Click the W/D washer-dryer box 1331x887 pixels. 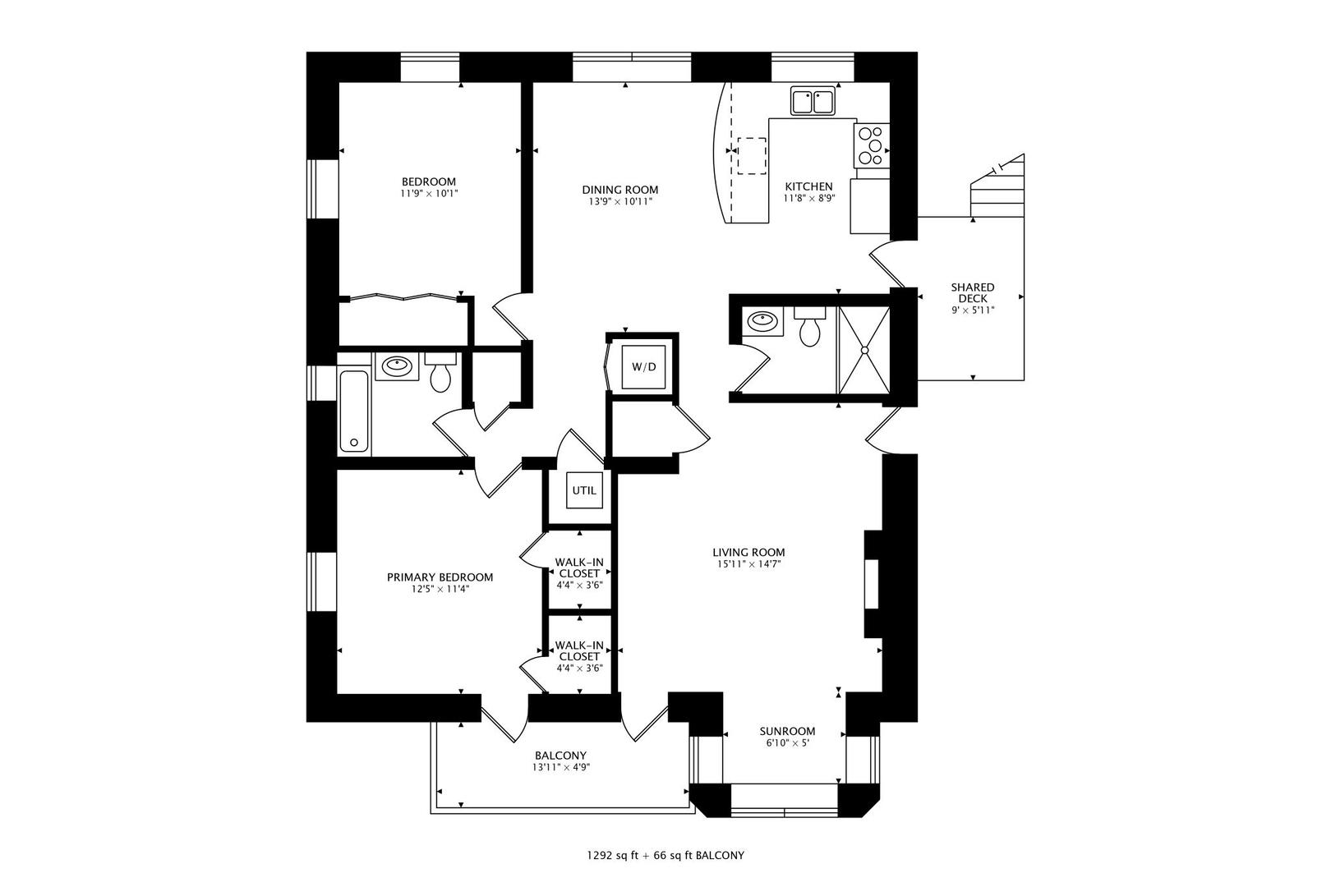pyautogui.click(x=643, y=366)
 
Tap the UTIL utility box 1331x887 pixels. pyautogui.click(x=584, y=490)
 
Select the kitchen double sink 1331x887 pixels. pyautogui.click(x=813, y=100)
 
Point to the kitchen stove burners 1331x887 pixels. pyautogui.click(x=872, y=145)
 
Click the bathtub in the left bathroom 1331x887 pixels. pyautogui.click(x=354, y=411)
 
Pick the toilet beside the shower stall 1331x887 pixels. pyautogui.click(x=809, y=328)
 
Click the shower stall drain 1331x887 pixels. pyautogui.click(x=864, y=351)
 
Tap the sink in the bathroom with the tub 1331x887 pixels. pyautogui.click(x=396, y=366)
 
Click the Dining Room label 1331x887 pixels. pyautogui.click(x=619, y=190)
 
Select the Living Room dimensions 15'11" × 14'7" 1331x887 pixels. pyautogui.click(x=748, y=563)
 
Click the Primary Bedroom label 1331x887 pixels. pyautogui.click(x=440, y=577)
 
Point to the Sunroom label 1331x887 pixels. pyautogui.click(x=787, y=731)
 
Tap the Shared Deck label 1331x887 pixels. pyautogui.click(x=972, y=292)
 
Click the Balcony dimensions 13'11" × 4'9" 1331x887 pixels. pyautogui.click(x=560, y=767)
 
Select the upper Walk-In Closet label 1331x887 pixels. pyautogui.click(x=579, y=568)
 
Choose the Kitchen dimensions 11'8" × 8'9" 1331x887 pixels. pyautogui.click(x=808, y=199)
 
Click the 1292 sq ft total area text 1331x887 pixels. pyautogui.click(x=612, y=856)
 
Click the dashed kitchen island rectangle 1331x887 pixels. pyautogui.click(x=752, y=156)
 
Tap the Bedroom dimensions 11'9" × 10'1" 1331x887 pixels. pyautogui.click(x=428, y=194)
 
